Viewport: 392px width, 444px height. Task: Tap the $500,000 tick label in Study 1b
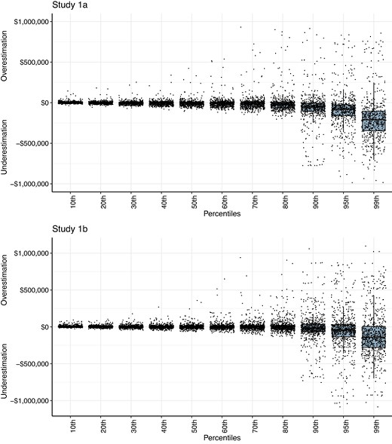(32, 290)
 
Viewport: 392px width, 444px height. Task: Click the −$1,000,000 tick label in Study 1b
(28, 401)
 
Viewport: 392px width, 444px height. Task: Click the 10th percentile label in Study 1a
(71, 201)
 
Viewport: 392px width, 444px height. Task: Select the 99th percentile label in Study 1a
(374, 201)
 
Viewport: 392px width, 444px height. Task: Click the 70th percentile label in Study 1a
(253, 201)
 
